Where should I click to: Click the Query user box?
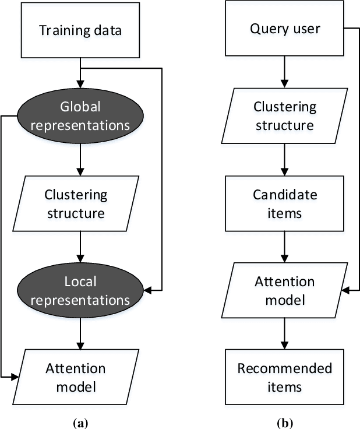coord(285,29)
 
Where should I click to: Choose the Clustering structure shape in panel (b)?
coord(285,116)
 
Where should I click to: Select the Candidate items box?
coord(285,203)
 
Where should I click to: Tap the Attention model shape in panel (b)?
coord(285,290)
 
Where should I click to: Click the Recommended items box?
coord(285,377)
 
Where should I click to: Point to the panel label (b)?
coord(285,420)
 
